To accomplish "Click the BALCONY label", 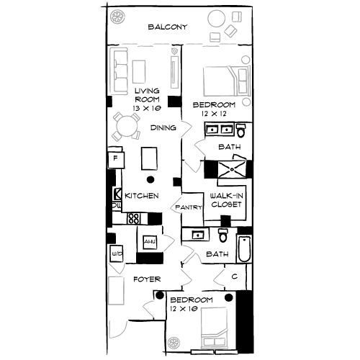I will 167,28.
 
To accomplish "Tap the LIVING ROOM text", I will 145,95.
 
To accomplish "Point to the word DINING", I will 163,128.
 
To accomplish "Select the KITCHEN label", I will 141,196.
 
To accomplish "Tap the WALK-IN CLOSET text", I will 224,200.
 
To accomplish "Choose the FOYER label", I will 146,279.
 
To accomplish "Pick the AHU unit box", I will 150,242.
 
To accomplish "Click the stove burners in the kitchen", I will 133,218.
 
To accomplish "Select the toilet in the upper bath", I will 240,131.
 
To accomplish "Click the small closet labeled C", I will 235,276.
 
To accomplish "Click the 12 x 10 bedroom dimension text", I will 184,309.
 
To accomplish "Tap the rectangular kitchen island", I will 150,157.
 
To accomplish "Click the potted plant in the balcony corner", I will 117,16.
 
